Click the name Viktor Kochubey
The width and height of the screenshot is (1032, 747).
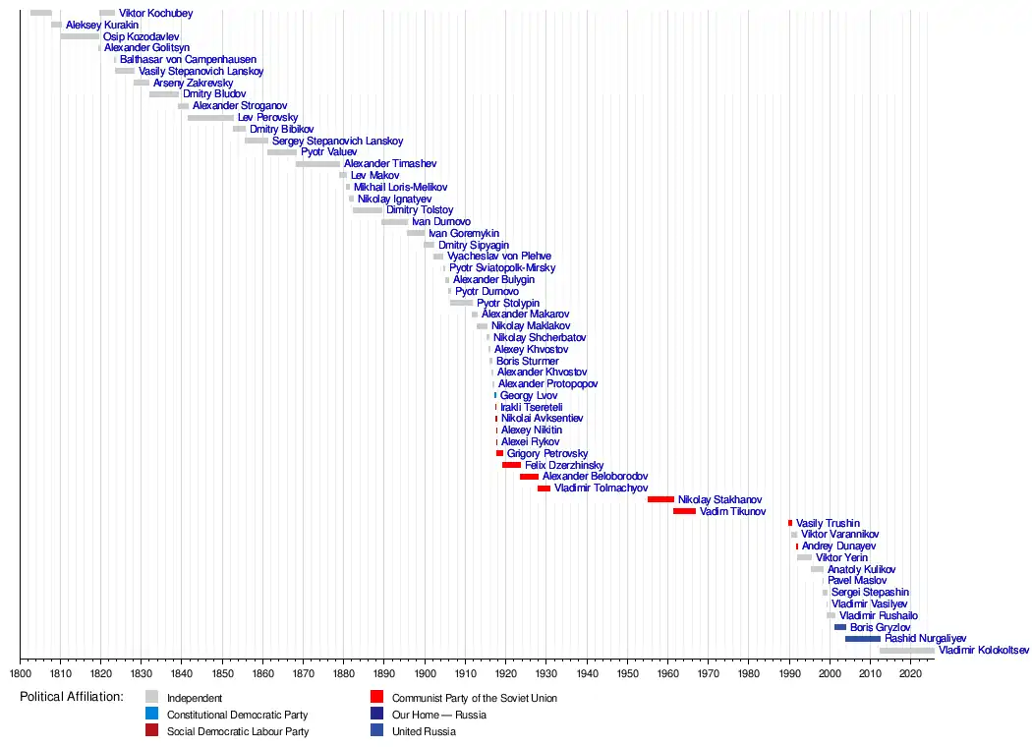coord(155,14)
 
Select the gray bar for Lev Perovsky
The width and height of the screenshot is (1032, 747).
coord(210,118)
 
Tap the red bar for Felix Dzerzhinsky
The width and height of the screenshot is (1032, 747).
coord(511,465)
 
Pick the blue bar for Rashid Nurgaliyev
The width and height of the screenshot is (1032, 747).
coord(862,639)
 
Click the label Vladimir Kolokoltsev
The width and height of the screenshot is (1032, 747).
coord(984,651)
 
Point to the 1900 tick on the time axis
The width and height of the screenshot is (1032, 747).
coord(425,661)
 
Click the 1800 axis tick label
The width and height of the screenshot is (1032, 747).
coord(20,674)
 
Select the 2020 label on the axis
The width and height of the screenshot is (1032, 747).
coord(910,674)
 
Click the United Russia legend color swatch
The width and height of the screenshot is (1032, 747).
coord(376,731)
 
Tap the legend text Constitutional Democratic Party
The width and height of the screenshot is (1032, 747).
coord(237,715)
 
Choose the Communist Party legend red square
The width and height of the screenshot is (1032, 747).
coord(376,698)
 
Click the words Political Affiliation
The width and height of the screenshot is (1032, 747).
coord(72,697)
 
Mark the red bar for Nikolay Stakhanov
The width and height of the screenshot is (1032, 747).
coord(660,499)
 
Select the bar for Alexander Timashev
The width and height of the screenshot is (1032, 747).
coord(317,164)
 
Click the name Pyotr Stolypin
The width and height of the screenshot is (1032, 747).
coord(508,303)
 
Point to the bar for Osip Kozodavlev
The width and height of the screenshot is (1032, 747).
coord(80,36)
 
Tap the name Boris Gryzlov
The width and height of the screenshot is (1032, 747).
coord(880,627)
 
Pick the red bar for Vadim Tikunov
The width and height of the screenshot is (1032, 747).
coord(684,511)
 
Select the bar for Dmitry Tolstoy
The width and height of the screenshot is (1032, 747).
coord(368,210)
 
